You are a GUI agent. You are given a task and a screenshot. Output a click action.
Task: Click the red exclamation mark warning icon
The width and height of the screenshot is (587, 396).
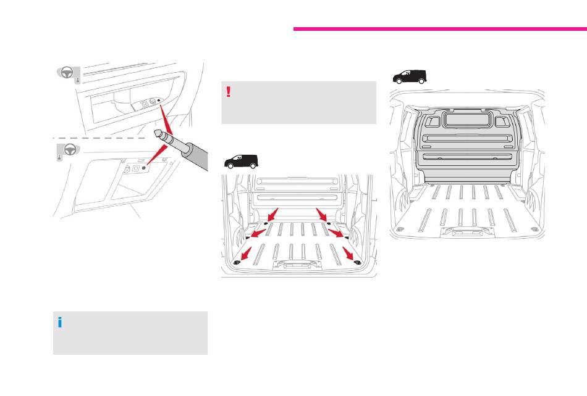pyautogui.click(x=229, y=92)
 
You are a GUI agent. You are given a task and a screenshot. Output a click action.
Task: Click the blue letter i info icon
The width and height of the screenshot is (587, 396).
pyautogui.click(x=61, y=322)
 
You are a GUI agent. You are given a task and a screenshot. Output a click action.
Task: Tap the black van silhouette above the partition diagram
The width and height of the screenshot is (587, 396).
pyautogui.click(x=411, y=76)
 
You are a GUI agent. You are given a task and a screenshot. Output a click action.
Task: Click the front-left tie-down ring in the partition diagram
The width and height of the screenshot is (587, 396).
pyautogui.click(x=399, y=229)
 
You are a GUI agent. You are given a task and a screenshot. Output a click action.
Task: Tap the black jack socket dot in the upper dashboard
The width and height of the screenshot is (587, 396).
pyautogui.click(x=159, y=101)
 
